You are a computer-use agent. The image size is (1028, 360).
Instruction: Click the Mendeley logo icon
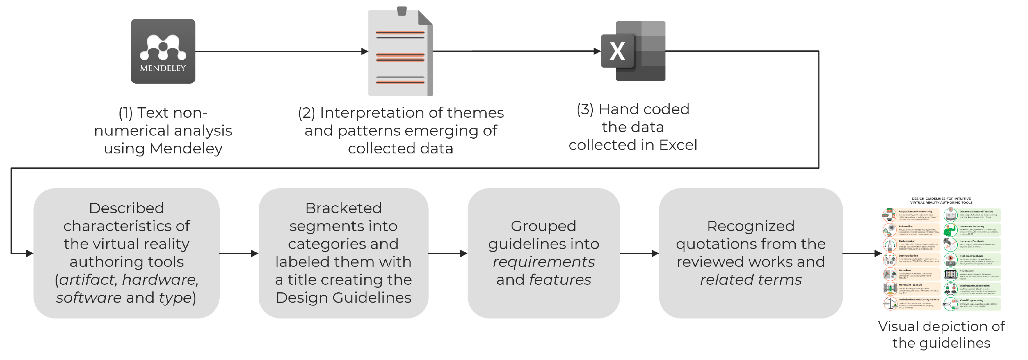pyautogui.click(x=163, y=51)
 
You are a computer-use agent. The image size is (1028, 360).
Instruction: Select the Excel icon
pyautogui.click(x=633, y=51)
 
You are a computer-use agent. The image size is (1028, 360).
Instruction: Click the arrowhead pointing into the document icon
pyautogui.click(x=364, y=51)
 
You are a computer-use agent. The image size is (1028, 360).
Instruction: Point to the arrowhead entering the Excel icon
pyautogui.click(x=597, y=51)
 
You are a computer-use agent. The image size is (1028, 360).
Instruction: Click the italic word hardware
pyautogui.click(x=160, y=279)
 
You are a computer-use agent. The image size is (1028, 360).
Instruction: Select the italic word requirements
pyautogui.click(x=543, y=262)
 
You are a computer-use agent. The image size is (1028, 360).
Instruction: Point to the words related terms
pyautogui.click(x=751, y=279)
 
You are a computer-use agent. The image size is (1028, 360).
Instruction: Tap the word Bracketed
pyautogui.click(x=343, y=208)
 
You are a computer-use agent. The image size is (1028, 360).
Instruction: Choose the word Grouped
pyautogui.click(x=543, y=226)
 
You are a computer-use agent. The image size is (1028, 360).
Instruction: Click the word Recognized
pyautogui.click(x=751, y=226)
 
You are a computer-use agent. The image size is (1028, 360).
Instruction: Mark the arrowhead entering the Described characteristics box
pyautogui.click(x=29, y=253)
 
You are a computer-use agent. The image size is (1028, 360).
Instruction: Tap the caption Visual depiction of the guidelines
pyautogui.click(x=941, y=334)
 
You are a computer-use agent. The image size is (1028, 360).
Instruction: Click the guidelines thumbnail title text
pyautogui.click(x=941, y=200)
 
